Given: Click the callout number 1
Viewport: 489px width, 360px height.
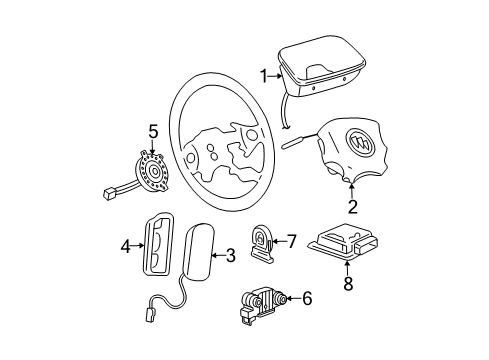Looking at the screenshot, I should pos(264,76).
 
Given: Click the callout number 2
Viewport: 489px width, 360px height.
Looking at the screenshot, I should pos(351,208).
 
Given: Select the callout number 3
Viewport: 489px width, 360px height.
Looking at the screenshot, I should pos(230,256).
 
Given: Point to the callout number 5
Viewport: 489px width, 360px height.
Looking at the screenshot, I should pos(153,131).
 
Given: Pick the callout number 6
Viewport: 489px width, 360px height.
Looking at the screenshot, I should pos(307,298).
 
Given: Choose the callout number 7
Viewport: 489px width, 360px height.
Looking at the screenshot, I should pos(291,241).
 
